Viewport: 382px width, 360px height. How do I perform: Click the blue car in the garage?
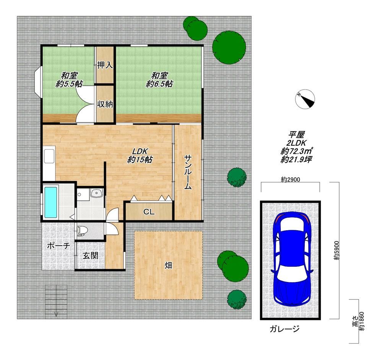coord(292,259)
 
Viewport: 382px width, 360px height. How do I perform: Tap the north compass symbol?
coord(305,99)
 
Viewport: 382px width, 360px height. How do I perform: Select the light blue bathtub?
coord(51,202)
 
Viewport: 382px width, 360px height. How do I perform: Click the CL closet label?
coord(149,212)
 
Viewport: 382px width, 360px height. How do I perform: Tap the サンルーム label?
coord(188,172)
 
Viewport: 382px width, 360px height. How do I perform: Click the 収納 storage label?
coord(105,104)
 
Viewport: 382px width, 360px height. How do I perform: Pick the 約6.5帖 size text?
coord(159,84)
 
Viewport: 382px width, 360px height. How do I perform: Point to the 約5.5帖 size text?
coord(69,84)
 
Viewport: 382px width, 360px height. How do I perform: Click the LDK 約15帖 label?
coord(140,155)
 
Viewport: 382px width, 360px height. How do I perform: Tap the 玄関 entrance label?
coord(90,256)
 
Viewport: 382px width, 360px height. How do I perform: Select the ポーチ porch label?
coord(59,246)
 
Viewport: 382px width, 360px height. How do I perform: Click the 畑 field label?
coord(168,265)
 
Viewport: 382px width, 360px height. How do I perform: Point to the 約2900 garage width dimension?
coord(290,180)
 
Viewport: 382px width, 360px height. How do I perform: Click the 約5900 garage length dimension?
coord(336,251)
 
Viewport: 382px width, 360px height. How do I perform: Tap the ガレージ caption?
coord(284,329)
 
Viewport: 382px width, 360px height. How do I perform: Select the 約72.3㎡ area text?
coord(296,151)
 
